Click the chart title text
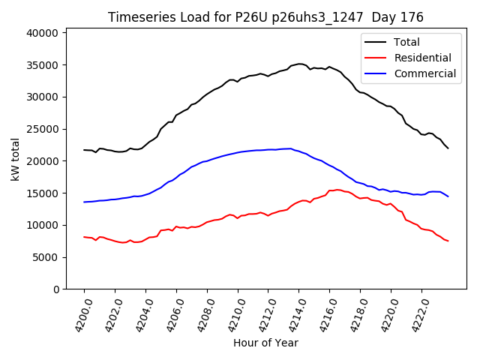pyautogui.click(x=265, y=17)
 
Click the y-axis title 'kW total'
pyautogui.click(x=16, y=159)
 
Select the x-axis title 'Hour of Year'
pyautogui.click(x=265, y=343)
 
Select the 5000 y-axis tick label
pyautogui.click(x=46, y=257)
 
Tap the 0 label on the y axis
pyautogui.click(x=56, y=289)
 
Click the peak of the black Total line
pyautogui.click(x=299, y=64)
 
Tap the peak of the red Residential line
pyautogui.click(x=337, y=190)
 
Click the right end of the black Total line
pyautogui.click(x=448, y=148)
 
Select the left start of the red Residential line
pyautogui.click(x=84, y=237)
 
